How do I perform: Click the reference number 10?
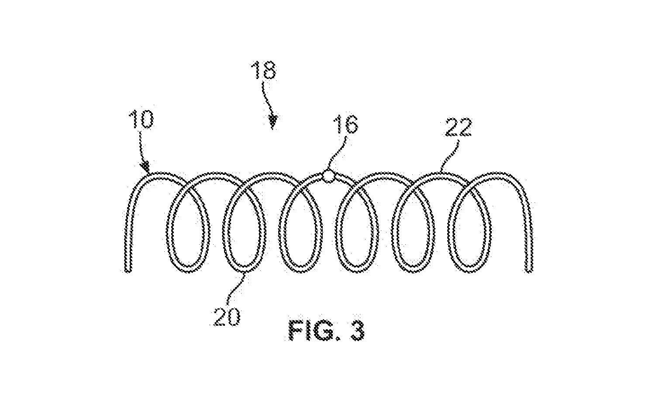[x=141, y=119]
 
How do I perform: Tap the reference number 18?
[x=263, y=70]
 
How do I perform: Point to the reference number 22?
[x=458, y=127]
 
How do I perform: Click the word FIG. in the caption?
[x=313, y=330]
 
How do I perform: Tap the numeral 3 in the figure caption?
[x=356, y=330]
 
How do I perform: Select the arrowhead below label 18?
[x=273, y=122]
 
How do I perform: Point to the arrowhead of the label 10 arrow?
[x=145, y=167]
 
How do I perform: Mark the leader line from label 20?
[x=236, y=288]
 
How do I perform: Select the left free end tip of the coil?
[x=128, y=270]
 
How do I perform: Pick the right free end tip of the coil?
[x=529, y=270]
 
